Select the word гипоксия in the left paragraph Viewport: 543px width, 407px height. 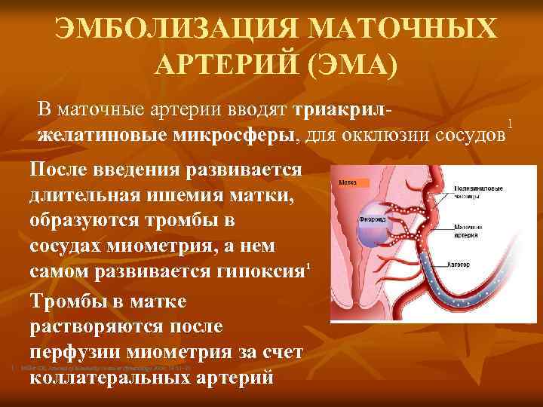[x=249, y=272]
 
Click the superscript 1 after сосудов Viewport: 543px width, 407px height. [x=511, y=123]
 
